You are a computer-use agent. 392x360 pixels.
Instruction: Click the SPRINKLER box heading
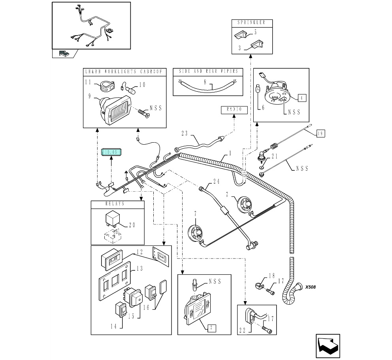tap(251, 23)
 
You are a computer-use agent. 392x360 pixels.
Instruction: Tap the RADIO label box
tap(234, 109)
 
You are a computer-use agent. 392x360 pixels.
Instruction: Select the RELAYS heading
tap(117, 204)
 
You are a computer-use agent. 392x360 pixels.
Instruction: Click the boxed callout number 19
tap(320, 134)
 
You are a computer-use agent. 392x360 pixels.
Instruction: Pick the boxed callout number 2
tap(211, 327)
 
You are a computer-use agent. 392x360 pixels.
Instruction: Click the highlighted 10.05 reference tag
tap(112, 152)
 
